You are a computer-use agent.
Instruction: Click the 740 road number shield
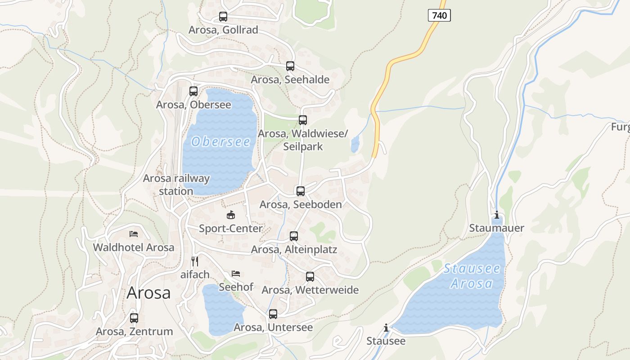[439, 16]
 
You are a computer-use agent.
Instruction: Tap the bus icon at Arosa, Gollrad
[223, 17]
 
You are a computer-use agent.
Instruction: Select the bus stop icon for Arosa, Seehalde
[290, 66]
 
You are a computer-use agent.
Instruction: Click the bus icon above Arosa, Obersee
[193, 91]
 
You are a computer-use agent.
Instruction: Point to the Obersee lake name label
[220, 142]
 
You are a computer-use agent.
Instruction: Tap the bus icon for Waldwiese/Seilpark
[303, 120]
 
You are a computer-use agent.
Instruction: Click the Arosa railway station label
[176, 184]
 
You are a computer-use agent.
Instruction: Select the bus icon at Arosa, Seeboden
[301, 191]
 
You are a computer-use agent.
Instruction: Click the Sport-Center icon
[231, 215]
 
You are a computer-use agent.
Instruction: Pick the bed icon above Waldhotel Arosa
[134, 234]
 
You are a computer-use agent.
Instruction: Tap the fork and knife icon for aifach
[195, 261]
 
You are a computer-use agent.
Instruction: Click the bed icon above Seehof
[236, 273]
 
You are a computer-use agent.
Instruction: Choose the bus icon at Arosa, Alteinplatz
[294, 236]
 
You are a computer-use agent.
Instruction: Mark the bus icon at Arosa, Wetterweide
[310, 276]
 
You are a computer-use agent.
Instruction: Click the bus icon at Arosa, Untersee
[273, 314]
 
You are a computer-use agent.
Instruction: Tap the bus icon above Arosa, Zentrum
[134, 318]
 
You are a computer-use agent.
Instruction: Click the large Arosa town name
[148, 293]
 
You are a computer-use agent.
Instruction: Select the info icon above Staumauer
[497, 215]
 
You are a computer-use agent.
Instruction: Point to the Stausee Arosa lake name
[472, 276]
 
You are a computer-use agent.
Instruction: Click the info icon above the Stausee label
[386, 328]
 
